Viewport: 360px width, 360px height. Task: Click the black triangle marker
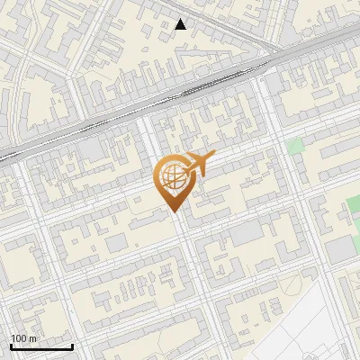tap(181, 24)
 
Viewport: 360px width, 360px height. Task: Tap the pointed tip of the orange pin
tap(173, 211)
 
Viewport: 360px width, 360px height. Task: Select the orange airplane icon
tap(197, 165)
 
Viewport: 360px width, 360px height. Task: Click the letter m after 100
tap(33, 338)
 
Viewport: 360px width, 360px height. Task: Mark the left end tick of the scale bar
tap(11, 346)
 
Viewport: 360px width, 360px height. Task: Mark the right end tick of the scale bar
tap(72, 346)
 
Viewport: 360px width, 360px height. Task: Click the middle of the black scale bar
tap(41, 347)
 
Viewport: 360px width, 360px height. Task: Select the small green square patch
tap(295, 146)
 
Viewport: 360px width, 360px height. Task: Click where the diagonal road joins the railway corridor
tap(267, 56)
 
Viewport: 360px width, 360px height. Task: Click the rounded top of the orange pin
tap(172, 162)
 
